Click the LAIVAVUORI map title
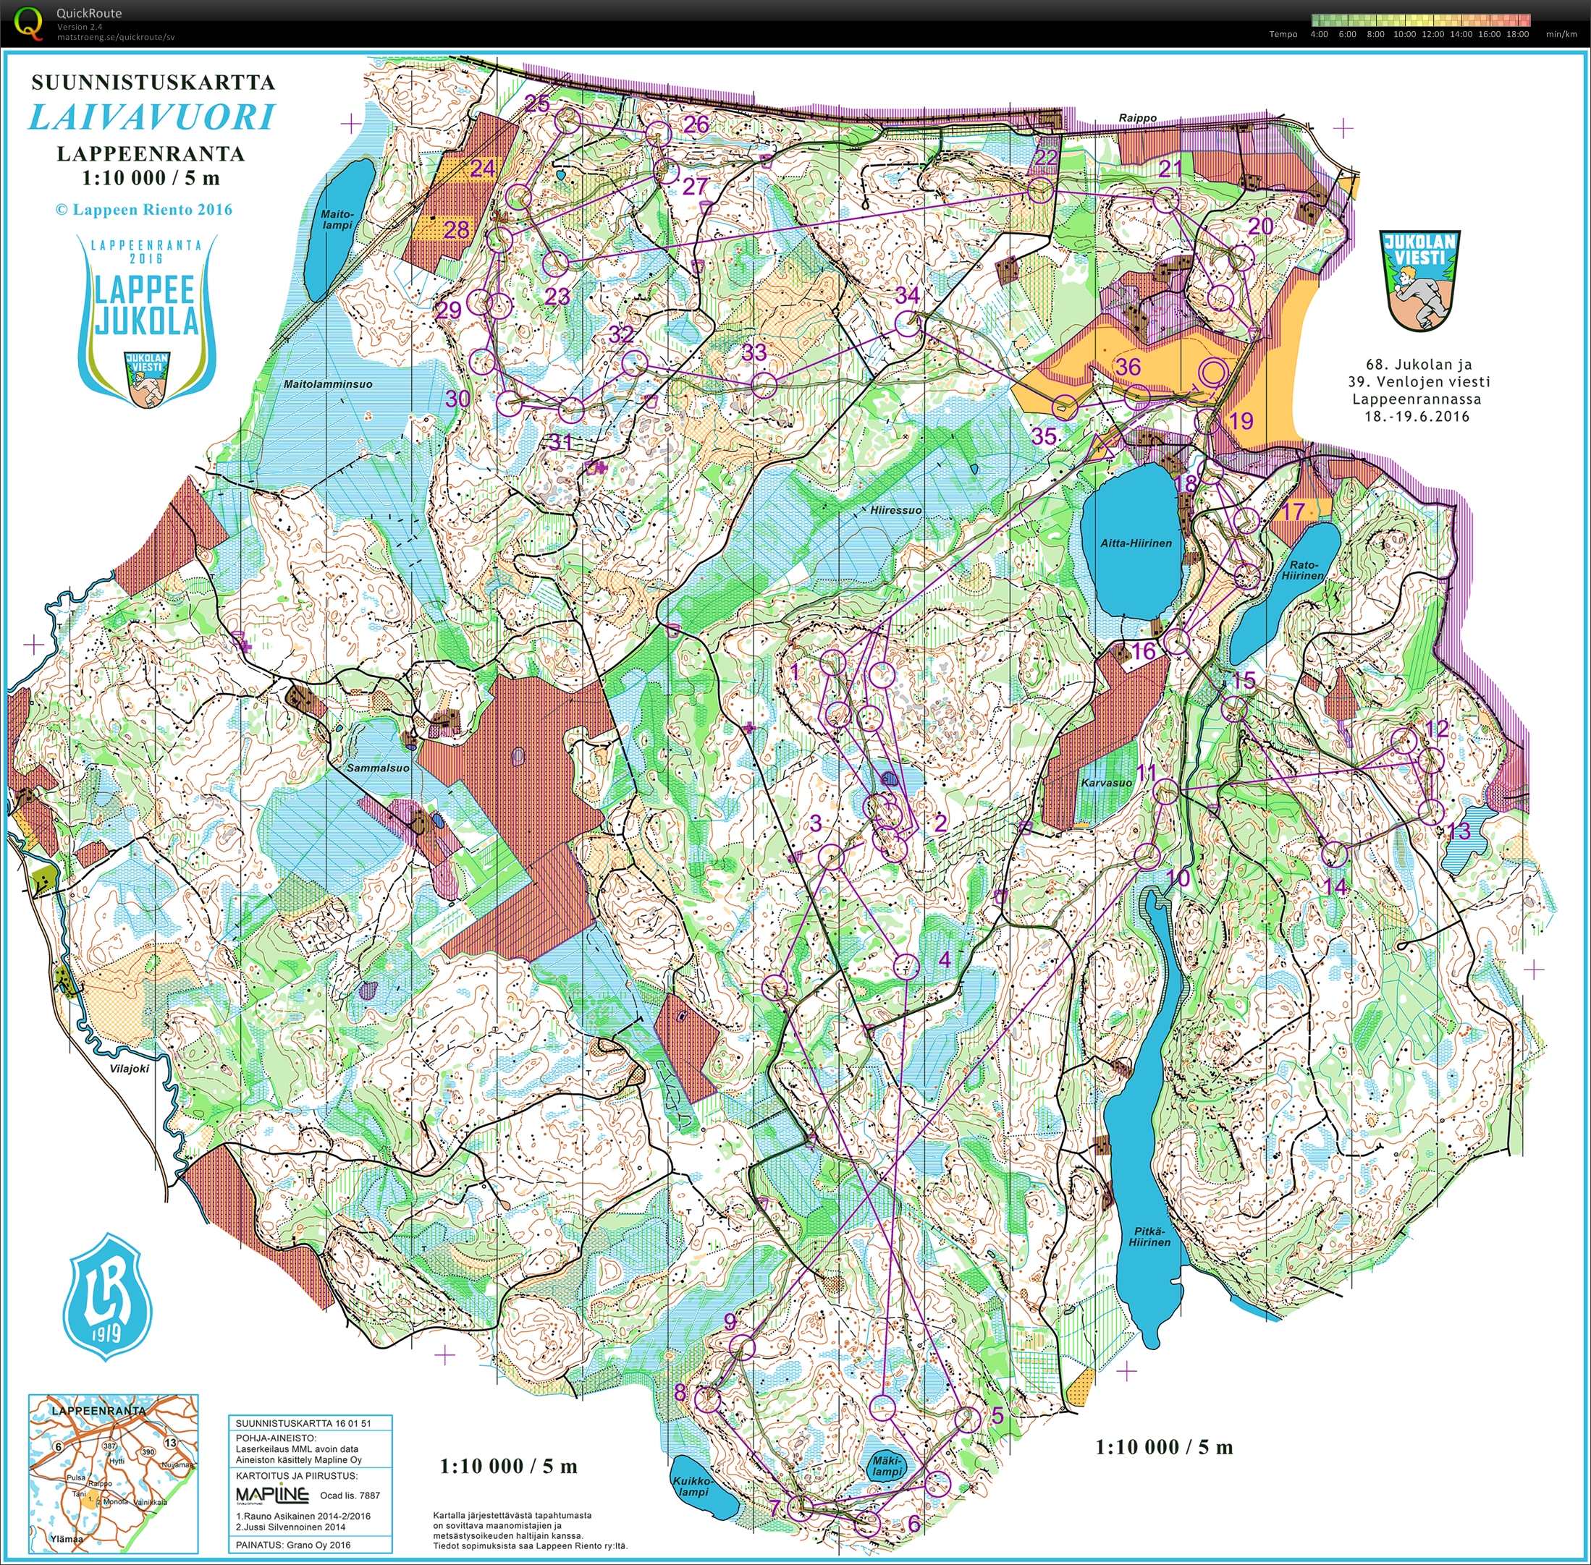tap(152, 117)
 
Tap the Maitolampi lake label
tap(337, 219)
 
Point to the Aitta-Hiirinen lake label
tap(1136, 543)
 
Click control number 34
tap(908, 294)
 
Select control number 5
tap(997, 1415)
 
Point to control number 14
tap(1336, 886)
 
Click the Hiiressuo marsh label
tap(895, 509)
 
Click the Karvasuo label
tap(1106, 783)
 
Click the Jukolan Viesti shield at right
tap(1420, 279)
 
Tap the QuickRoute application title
tap(89, 13)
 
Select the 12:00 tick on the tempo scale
tap(1432, 34)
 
